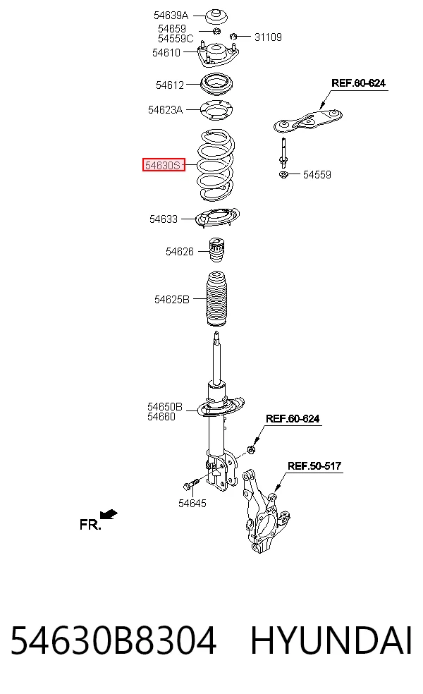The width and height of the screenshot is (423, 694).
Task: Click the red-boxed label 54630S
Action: tap(164, 165)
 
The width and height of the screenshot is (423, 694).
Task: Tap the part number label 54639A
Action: tap(171, 16)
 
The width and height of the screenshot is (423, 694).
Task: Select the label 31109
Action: tap(268, 37)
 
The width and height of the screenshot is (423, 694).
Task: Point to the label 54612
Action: tap(169, 85)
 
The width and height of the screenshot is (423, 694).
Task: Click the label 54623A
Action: tap(165, 110)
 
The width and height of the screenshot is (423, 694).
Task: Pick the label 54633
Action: tap(164, 219)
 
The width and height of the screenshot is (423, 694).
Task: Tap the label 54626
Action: tap(180, 252)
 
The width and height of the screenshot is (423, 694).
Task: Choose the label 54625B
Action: tap(172, 300)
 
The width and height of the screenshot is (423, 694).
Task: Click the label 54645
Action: tap(192, 504)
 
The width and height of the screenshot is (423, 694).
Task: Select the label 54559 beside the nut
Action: tap(317, 175)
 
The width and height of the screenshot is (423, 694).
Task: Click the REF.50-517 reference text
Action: tap(314, 465)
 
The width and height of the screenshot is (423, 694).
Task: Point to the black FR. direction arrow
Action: tap(109, 514)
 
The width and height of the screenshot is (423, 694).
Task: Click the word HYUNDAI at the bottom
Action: tap(331, 640)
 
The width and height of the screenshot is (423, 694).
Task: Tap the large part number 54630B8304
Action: tap(114, 640)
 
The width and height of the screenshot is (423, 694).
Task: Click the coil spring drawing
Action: tap(216, 164)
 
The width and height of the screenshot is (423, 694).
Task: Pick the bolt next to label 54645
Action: tap(191, 485)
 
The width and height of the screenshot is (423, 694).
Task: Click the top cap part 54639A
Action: tap(217, 17)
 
